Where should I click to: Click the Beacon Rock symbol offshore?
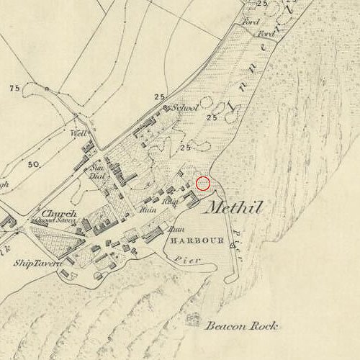click(x=194, y=317)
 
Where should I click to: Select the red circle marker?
click(x=204, y=184)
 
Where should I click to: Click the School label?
click(x=186, y=108)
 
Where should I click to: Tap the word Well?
click(x=78, y=134)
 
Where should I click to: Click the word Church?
click(x=59, y=214)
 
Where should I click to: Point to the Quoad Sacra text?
click(x=59, y=221)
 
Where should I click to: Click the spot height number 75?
click(x=13, y=88)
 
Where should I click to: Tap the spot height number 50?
click(x=33, y=165)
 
